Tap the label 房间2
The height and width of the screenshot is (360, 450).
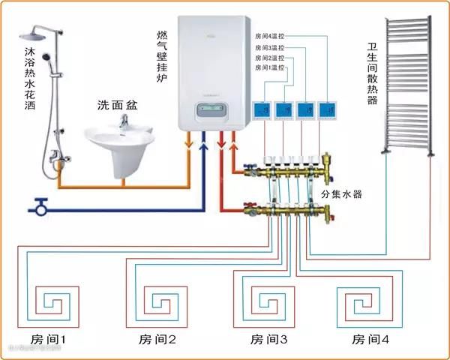click(x=157, y=339)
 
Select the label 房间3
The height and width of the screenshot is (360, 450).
click(x=268, y=339)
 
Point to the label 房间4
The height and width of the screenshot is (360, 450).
click(x=370, y=339)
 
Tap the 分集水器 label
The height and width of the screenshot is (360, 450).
click(x=341, y=194)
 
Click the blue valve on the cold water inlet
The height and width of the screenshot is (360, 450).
click(x=40, y=203)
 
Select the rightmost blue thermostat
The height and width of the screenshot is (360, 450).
click(x=327, y=111)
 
